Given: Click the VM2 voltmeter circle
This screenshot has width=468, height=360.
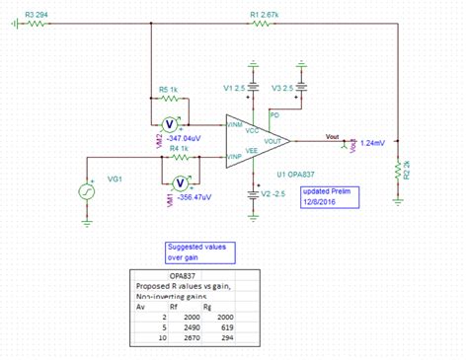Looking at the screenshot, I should tap(168, 123).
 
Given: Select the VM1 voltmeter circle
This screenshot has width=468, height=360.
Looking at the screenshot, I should tap(180, 182).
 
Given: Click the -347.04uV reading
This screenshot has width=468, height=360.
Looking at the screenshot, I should tap(186, 139).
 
